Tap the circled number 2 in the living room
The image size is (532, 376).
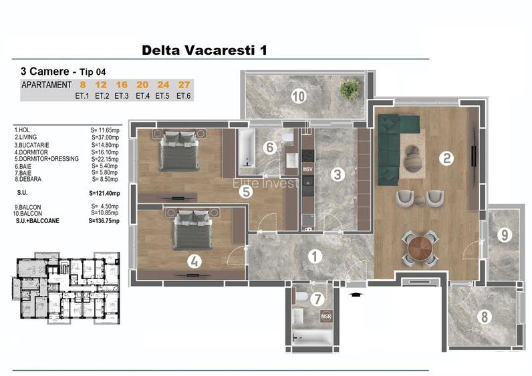click(446, 158)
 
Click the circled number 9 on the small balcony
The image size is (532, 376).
click(504, 234)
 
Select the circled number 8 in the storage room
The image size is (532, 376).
click(484, 317)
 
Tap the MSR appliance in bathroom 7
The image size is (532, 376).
click(326, 316)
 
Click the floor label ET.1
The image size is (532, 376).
click(83, 96)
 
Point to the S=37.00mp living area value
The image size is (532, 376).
click(105, 137)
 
